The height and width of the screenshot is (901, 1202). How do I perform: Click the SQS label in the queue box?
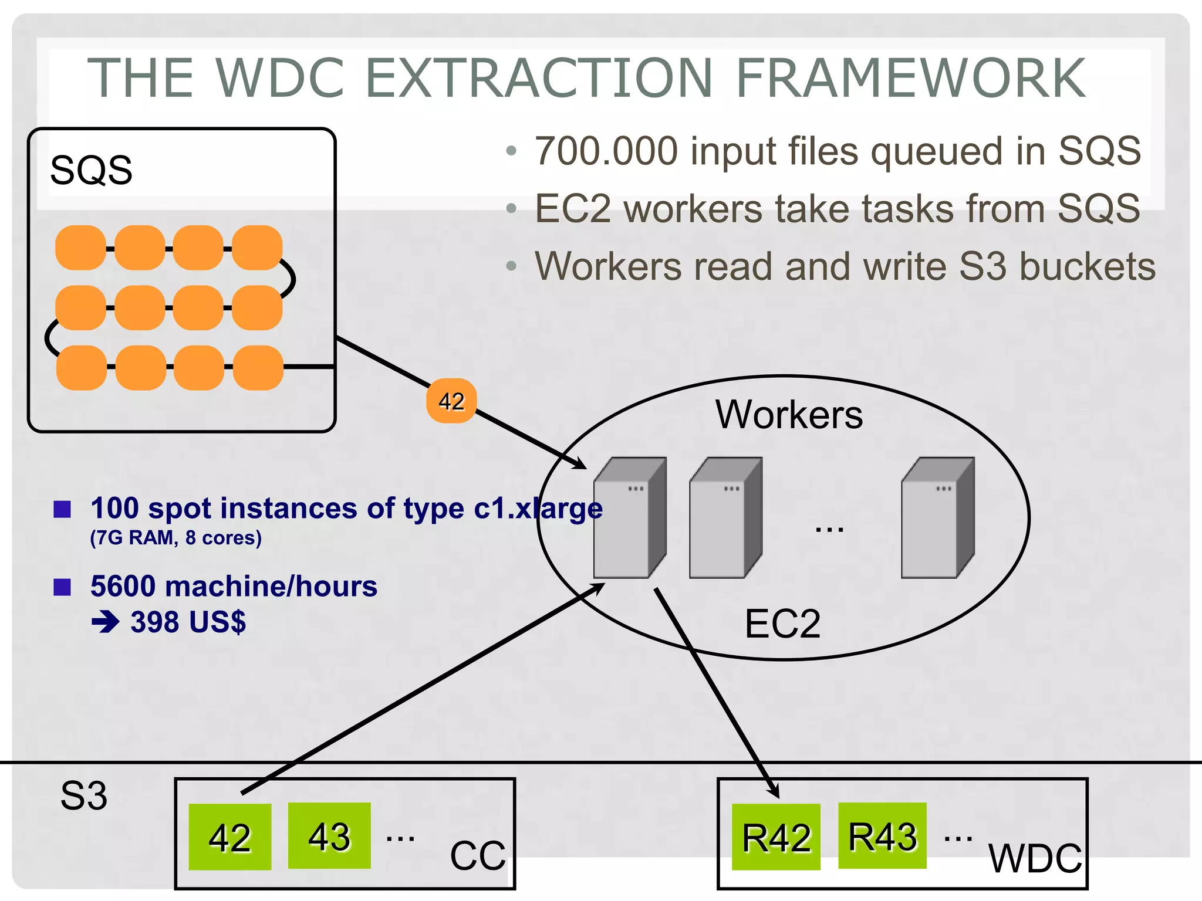click(x=91, y=171)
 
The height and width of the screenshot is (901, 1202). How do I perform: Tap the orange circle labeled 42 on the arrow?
click(x=451, y=401)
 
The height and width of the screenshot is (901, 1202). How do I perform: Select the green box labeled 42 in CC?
click(x=229, y=836)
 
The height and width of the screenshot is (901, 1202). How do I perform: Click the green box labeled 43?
click(x=329, y=836)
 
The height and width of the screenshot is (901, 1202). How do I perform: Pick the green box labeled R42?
click(x=776, y=837)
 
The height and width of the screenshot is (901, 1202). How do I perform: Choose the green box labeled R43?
click(x=882, y=836)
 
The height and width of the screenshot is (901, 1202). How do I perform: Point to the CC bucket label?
click(x=477, y=855)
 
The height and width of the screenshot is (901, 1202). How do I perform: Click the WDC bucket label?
click(x=1035, y=858)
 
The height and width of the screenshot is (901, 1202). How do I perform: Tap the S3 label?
click(x=84, y=796)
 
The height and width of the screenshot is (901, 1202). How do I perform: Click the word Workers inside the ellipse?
click(x=789, y=415)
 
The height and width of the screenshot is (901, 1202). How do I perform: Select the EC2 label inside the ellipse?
click(x=782, y=624)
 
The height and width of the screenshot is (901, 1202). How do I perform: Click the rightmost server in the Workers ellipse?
click(x=937, y=518)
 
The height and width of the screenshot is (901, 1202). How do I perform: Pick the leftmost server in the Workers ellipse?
click(x=629, y=518)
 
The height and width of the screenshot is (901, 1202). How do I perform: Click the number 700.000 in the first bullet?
click(x=606, y=151)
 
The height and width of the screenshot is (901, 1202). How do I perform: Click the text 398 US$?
click(x=188, y=622)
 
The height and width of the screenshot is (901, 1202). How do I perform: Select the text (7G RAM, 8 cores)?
click(x=175, y=538)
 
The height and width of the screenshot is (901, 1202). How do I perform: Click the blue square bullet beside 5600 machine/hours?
click(x=62, y=587)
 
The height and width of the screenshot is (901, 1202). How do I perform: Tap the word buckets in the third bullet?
click(x=1086, y=266)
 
